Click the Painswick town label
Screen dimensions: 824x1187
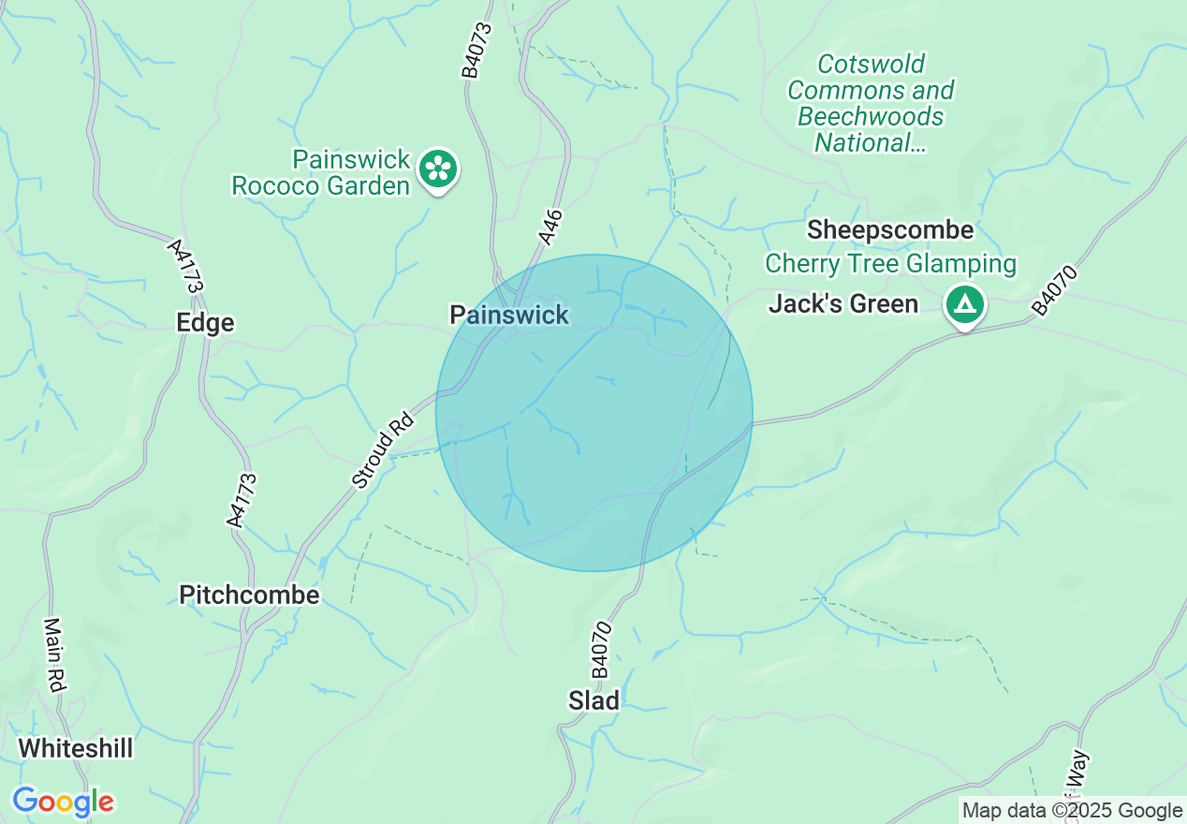pos(509,315)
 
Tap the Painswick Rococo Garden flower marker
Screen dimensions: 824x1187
pos(436,169)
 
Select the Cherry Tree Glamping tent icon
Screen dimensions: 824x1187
pos(964,304)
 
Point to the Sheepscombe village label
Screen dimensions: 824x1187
pos(890,230)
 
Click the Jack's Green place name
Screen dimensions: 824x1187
pos(843,304)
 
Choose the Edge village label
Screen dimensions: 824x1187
pos(205,323)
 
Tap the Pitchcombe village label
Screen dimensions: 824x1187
pos(249,596)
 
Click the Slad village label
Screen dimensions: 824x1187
pos(594,700)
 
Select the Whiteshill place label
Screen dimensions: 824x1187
pos(76,749)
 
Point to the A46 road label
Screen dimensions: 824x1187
pos(551,228)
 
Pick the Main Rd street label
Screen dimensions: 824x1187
pos(55,655)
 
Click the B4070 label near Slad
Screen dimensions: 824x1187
pos(601,650)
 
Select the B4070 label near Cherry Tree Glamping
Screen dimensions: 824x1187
pos(1056,291)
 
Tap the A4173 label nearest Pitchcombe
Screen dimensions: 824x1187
pos(242,500)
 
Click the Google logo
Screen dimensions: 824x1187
pos(63,802)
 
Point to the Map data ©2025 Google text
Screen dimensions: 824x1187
pos(1073,811)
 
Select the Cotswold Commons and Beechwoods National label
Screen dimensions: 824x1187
pos(871,103)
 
